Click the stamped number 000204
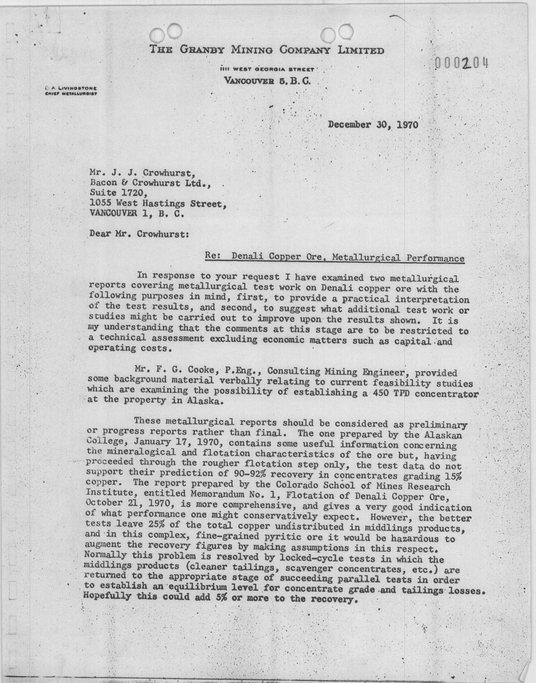461,64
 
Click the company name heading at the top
266,50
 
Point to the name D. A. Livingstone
71,89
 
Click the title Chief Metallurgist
71,93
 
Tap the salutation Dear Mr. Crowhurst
139,234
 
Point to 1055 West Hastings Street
158,204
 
